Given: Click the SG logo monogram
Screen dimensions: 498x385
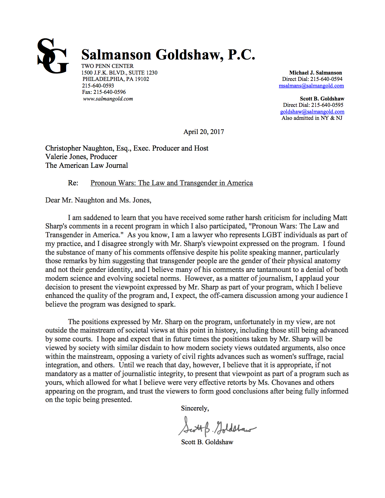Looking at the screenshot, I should click(53, 56).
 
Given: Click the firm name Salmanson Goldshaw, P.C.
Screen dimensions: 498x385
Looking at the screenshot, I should click(168, 55).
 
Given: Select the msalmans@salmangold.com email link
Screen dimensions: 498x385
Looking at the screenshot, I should click(311, 86).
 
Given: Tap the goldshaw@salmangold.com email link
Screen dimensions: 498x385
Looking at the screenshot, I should click(312, 112).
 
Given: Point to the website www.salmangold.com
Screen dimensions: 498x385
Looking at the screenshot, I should click(108, 99).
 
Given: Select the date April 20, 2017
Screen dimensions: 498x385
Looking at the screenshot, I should click(204, 132).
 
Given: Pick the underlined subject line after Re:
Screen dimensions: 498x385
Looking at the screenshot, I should click(172, 183).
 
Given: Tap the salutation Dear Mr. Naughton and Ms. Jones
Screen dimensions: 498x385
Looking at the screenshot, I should click(98, 200).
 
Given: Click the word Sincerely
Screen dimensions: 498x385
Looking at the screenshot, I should click(195, 408).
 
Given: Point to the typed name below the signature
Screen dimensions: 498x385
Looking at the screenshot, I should click(207, 442).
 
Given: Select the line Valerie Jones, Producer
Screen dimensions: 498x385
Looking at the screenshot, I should click(81, 157).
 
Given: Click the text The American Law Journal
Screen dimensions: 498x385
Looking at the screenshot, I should click(87, 165).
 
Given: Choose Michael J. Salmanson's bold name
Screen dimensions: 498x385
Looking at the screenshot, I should click(316, 73).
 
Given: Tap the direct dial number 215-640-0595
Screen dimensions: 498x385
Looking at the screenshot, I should click(327, 105).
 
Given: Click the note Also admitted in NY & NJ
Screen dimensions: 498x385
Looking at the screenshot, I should click(312, 118).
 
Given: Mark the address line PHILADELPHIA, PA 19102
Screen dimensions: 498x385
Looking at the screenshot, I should click(116, 79).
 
